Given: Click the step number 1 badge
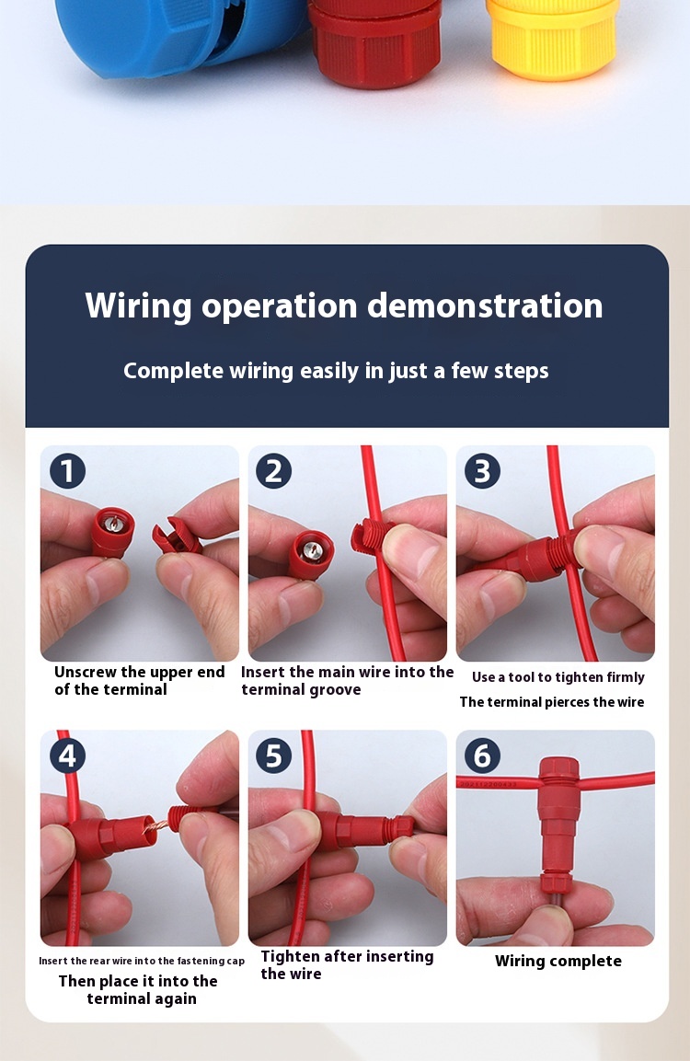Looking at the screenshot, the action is (68, 471).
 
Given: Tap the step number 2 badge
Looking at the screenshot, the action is (274, 471).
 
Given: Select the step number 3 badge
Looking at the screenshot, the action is (482, 471).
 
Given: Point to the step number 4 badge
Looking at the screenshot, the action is (68, 755).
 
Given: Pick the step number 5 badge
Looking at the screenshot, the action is (274, 755).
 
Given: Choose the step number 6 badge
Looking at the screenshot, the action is (482, 755).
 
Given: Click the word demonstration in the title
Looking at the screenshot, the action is (485, 306).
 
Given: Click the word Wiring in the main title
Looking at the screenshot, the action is (139, 306).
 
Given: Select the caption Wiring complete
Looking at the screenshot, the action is (558, 962).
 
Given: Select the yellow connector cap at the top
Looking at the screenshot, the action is (552, 39).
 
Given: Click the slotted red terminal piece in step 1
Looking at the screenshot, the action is (175, 536).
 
